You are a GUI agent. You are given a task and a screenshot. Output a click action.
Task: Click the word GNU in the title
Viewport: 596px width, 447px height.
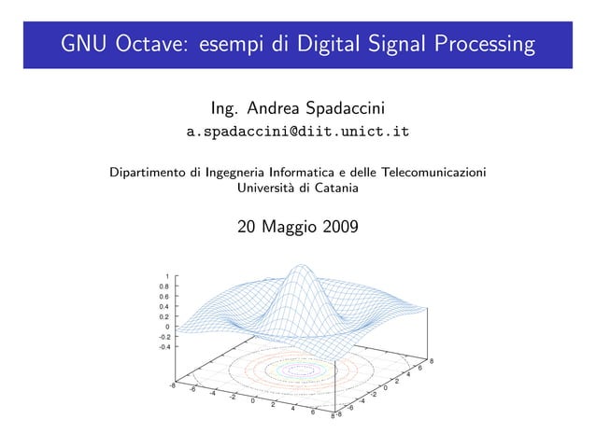86,44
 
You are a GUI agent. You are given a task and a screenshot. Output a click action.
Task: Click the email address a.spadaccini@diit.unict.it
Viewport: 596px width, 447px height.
298,133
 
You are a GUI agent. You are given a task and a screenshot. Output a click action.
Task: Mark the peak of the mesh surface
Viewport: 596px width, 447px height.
299,269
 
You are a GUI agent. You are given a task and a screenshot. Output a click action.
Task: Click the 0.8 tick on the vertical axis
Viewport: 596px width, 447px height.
163,286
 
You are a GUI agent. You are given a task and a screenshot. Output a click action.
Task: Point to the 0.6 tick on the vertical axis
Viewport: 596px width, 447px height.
163,297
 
